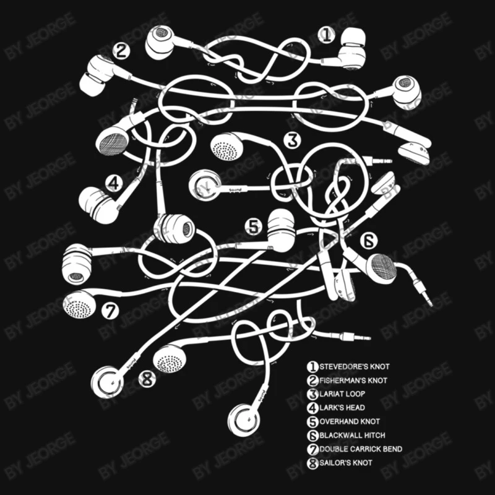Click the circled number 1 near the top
[x=327, y=35]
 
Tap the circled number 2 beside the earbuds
[x=121, y=51]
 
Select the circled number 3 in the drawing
[x=292, y=140]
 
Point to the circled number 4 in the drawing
[x=114, y=183]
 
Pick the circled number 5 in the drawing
[x=254, y=226]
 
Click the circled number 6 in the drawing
[x=369, y=241]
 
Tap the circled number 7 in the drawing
[x=110, y=311]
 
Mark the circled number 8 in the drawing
[x=147, y=379]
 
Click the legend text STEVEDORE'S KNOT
[x=355, y=367]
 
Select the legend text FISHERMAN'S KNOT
[x=353, y=381]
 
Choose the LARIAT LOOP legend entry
[x=342, y=394]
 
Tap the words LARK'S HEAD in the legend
[x=342, y=408]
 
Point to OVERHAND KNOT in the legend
[x=350, y=421]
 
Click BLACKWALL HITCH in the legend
[x=352, y=436]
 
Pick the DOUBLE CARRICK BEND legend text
[x=361, y=449]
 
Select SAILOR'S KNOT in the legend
[x=346, y=463]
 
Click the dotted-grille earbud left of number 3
[x=226, y=147]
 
